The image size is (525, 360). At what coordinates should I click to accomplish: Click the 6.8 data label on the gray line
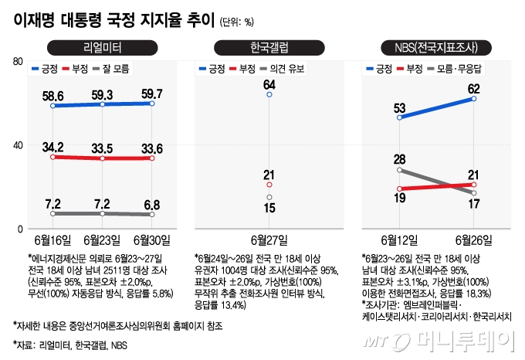(151, 204)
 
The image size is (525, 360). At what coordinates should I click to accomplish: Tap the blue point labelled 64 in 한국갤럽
(269, 94)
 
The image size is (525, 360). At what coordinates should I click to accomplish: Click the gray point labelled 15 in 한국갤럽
(269, 198)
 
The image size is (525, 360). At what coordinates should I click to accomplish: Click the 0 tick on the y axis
(19, 229)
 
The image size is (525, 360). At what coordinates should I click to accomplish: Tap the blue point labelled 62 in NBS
(473, 99)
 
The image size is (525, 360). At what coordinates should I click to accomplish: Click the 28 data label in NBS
(400, 158)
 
